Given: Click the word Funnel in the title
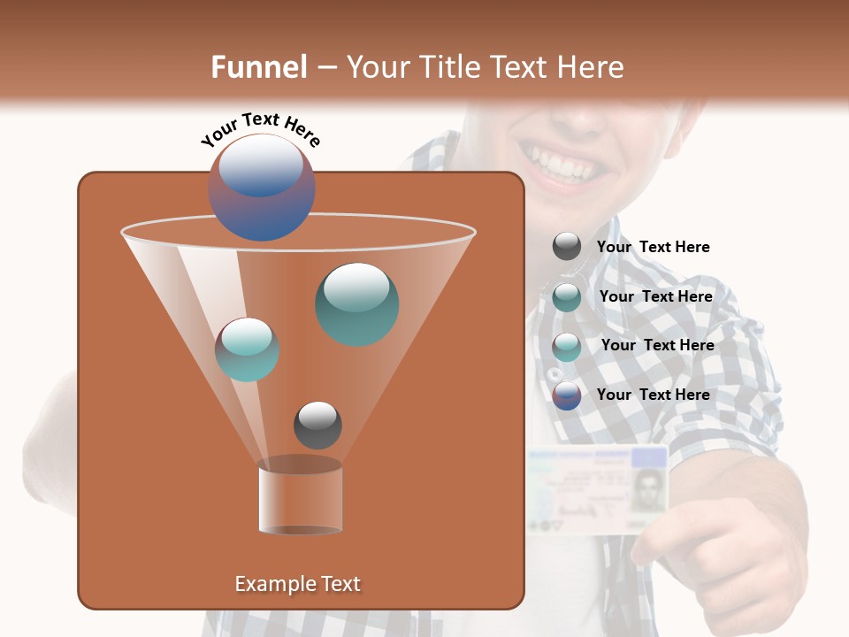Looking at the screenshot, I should pyautogui.click(x=258, y=67).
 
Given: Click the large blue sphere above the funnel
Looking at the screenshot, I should pyautogui.click(x=261, y=188).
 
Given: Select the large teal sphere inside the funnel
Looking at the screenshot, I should pyautogui.click(x=356, y=303).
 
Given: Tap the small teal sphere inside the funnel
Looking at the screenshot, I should pyautogui.click(x=247, y=349).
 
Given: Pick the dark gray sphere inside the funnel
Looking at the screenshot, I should pyautogui.click(x=317, y=425).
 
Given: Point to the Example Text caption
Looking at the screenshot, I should pyautogui.click(x=297, y=584).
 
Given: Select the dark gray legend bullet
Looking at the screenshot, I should pyautogui.click(x=567, y=247).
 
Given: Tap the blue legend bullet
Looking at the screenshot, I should pyautogui.click(x=567, y=395).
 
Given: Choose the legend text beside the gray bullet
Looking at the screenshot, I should pyautogui.click(x=653, y=247).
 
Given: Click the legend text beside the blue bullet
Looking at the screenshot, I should pyautogui.click(x=653, y=395).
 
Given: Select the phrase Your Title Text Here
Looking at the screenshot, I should pyautogui.click(x=485, y=67).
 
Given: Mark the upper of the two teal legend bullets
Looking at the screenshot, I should pyautogui.click(x=567, y=297).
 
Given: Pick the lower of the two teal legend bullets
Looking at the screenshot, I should pyautogui.click(x=567, y=347).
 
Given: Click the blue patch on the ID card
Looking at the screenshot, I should pyautogui.click(x=648, y=457).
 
